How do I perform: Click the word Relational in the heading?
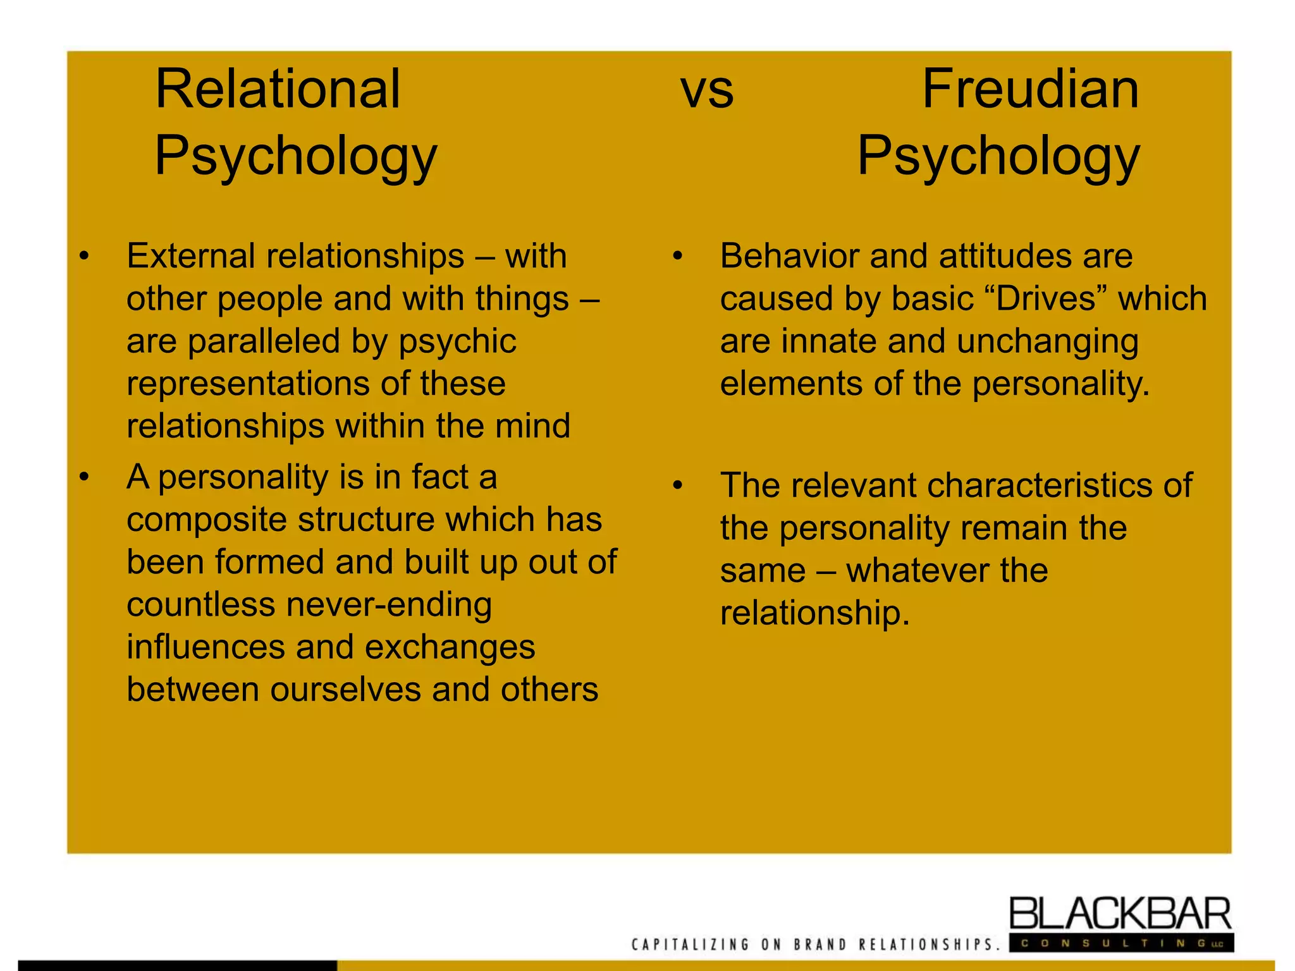click(x=278, y=89)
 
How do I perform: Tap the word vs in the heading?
click(x=707, y=90)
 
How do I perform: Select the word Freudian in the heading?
click(x=1030, y=89)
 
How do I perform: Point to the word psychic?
click(x=457, y=341)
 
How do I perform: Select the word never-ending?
click(x=389, y=604)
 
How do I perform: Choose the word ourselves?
click(x=346, y=689)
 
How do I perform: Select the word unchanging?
click(x=1048, y=341)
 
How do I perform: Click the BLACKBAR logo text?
click(x=1120, y=913)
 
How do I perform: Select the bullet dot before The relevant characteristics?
click(x=678, y=485)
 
